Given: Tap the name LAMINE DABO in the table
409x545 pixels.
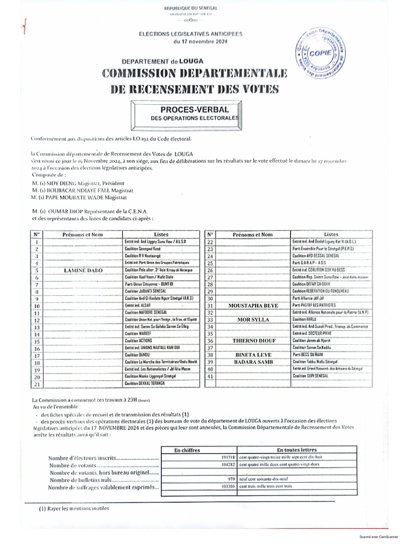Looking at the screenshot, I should (x=83, y=270).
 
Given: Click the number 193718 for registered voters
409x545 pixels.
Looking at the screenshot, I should (x=227, y=457).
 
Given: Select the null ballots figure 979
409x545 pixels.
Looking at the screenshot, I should (x=231, y=479).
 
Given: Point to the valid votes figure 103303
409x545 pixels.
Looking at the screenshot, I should (x=227, y=486).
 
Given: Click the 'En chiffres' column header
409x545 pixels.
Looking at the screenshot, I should (x=187, y=450).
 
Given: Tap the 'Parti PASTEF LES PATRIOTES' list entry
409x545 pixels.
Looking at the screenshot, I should (x=314, y=306).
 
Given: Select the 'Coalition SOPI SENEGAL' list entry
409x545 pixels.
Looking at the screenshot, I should (x=310, y=376).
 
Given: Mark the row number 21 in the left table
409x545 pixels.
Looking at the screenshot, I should (x=37, y=383).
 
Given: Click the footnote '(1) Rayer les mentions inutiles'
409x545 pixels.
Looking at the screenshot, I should (x=73, y=508).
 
